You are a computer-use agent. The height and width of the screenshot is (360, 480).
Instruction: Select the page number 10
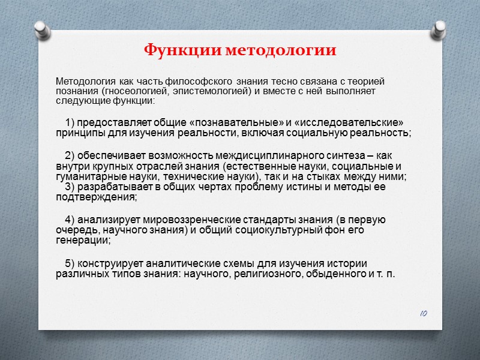point(423,313)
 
